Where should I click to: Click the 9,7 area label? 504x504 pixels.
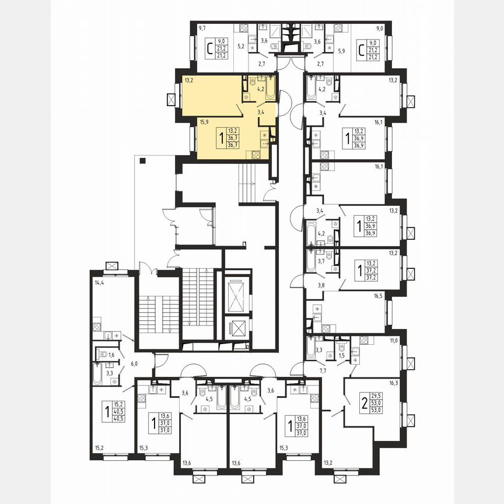[202, 27]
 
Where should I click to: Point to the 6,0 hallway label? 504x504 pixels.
[134, 363]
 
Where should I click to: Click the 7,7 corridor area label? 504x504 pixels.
[321, 370]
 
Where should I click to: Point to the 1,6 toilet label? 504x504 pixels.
[111, 354]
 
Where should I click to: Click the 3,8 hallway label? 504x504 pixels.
[321, 285]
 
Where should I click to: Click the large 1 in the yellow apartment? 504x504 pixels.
[220, 138]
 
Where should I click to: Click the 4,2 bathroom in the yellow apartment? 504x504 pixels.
[246, 89]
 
